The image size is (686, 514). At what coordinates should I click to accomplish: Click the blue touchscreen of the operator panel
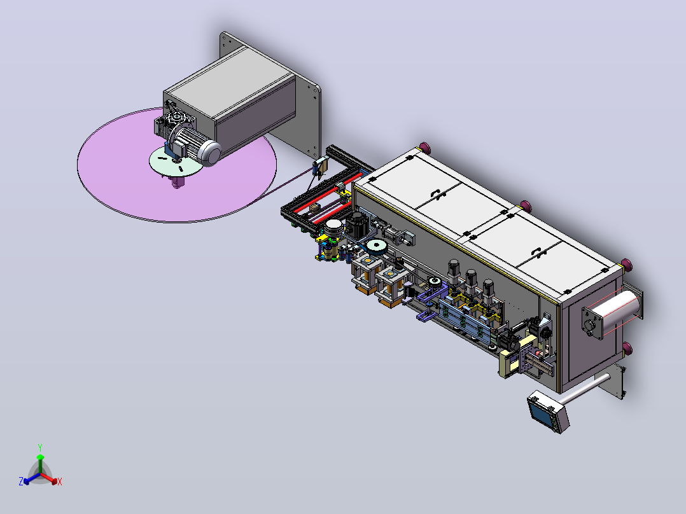pos(541,412)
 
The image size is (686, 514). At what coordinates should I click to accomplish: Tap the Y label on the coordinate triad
pos(40,447)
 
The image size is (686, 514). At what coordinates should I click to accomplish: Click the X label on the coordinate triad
pos(60,482)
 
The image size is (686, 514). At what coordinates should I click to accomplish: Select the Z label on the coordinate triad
pos(21,481)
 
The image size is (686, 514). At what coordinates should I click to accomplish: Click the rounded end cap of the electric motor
pos(211,153)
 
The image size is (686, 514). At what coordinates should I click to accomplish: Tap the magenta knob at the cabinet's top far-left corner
pos(424,148)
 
